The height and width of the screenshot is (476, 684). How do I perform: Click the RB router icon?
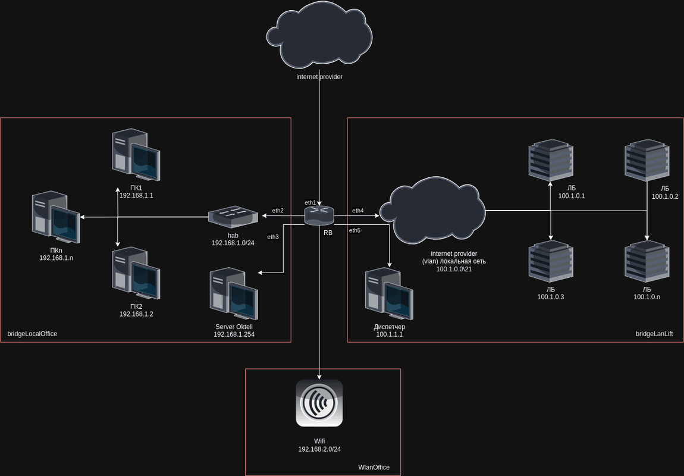coord(319,215)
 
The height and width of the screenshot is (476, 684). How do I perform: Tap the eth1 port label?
coord(310,203)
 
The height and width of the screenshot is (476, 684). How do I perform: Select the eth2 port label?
coord(278,211)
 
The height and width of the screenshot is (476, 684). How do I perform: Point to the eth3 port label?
coord(273,237)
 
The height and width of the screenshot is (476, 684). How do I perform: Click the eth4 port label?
coord(358,211)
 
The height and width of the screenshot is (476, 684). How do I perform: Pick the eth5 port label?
coord(354,230)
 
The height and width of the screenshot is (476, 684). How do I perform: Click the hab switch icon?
coord(233,216)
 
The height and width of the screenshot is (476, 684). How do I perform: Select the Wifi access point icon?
coord(319,403)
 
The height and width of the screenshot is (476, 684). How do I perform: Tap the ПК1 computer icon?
coord(136,155)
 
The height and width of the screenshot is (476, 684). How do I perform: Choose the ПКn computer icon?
coord(56,218)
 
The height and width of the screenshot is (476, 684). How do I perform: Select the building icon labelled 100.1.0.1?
coord(551,159)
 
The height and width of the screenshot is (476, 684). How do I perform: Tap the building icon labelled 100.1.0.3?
coord(551,260)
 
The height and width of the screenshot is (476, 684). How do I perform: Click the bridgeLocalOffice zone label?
coord(32,334)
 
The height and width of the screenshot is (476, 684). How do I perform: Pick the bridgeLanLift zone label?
coord(654,334)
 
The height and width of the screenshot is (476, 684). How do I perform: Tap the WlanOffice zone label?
coord(374,468)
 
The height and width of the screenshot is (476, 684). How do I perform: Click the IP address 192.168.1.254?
coord(234,335)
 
